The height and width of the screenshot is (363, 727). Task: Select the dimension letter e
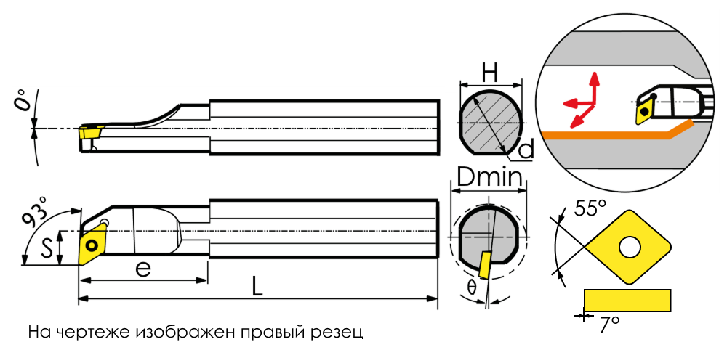pos(143,269)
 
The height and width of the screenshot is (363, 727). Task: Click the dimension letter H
pos(491,72)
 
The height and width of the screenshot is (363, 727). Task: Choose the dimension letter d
pos(527,150)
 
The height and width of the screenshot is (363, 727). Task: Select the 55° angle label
pos(590,210)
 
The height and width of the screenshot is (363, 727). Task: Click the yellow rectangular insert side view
pos(627,299)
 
